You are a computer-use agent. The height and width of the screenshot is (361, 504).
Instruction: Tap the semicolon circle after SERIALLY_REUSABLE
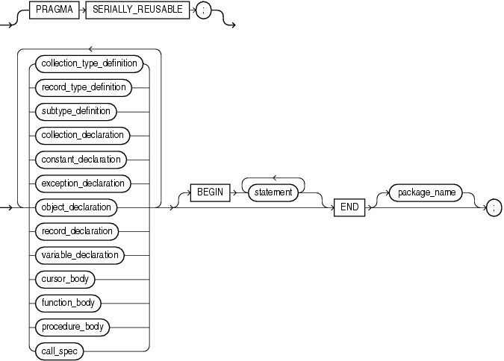point(203,14)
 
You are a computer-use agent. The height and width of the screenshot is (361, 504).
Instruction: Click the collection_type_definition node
point(88,63)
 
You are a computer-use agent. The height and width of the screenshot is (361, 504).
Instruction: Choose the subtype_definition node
point(75,111)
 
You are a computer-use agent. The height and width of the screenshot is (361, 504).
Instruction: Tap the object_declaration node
point(77,207)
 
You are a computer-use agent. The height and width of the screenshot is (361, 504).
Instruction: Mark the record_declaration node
point(77,230)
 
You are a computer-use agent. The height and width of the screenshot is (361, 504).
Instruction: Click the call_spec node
point(59,350)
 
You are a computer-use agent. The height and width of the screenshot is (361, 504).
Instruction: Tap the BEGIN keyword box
point(210,192)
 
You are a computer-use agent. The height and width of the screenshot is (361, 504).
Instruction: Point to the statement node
point(274,192)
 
